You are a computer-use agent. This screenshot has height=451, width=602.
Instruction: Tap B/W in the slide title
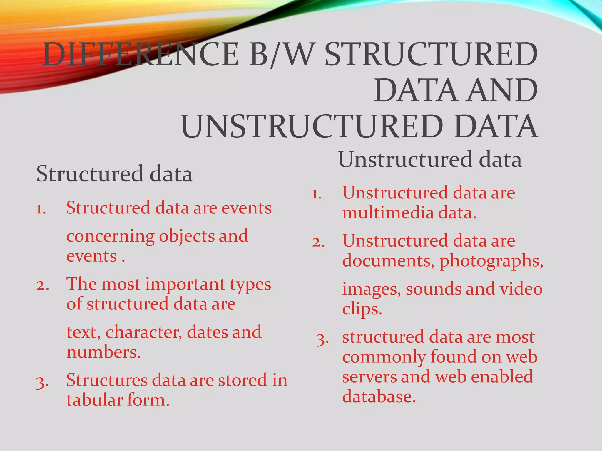(280, 55)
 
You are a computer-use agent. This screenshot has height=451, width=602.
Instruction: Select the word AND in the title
(503, 90)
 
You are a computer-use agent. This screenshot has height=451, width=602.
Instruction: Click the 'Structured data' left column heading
(114, 174)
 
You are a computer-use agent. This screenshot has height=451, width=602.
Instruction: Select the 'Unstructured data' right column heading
(430, 159)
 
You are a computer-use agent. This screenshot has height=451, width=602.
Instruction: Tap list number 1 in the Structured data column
(41, 209)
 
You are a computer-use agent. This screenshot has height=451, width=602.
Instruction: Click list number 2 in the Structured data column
(42, 285)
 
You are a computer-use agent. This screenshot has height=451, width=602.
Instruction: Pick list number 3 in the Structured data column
(42, 382)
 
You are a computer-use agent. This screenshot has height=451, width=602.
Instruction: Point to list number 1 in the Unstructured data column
(317, 194)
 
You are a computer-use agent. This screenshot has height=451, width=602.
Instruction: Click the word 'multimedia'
(388, 213)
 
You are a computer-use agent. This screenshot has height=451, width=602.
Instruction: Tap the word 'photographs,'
(491, 261)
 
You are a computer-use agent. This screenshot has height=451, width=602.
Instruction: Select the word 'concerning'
(111, 237)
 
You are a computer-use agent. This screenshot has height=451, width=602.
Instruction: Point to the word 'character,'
(144, 333)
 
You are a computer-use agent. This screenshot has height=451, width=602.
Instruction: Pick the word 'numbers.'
(103, 352)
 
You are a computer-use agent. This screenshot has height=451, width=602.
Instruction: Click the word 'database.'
(379, 397)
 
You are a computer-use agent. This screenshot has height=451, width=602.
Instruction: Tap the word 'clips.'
(362, 309)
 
